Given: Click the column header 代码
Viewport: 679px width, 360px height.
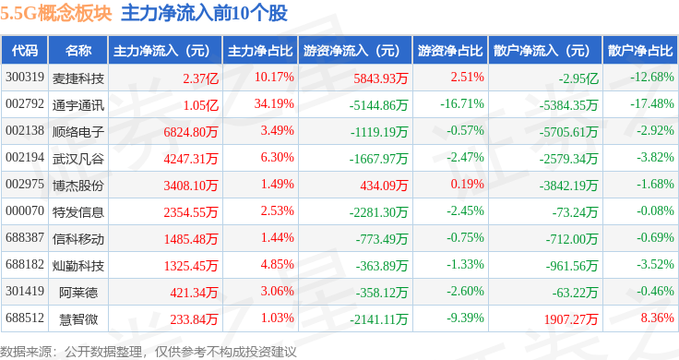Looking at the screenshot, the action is click(x=24, y=51).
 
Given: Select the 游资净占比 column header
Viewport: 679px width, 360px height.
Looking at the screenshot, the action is click(x=450, y=51).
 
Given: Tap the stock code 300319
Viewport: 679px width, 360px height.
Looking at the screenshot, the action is click(x=25, y=78).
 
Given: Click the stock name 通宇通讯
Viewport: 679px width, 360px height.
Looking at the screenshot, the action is click(x=78, y=105).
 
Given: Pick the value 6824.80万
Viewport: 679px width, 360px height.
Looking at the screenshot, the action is click(x=191, y=132).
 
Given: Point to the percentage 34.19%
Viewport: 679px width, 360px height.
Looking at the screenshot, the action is click(x=274, y=104).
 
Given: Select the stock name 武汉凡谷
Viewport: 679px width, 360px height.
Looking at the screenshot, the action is click(x=78, y=159).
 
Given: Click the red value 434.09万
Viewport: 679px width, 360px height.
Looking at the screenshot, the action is click(x=384, y=186).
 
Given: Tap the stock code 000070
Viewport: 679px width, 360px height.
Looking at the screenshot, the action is click(x=25, y=211).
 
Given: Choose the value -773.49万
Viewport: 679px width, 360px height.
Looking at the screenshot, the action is click(x=382, y=239).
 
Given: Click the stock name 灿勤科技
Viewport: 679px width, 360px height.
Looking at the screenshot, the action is click(x=78, y=266).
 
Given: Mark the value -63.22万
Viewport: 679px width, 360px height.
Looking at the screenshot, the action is click(x=575, y=293).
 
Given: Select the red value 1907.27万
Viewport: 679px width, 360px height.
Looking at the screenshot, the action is click(x=571, y=319).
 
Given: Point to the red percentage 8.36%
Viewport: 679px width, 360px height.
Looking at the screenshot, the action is click(x=658, y=318).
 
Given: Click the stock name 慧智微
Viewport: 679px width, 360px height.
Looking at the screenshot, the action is click(x=78, y=319).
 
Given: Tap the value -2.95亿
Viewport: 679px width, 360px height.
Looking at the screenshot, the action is click(x=578, y=78).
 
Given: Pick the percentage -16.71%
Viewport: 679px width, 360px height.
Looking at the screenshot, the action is click(x=462, y=104).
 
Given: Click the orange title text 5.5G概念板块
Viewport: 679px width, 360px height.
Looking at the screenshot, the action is click(x=56, y=14).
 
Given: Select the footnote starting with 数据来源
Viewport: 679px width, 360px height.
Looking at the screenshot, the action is click(x=149, y=352).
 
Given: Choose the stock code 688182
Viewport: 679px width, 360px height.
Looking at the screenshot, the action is click(x=25, y=264).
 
